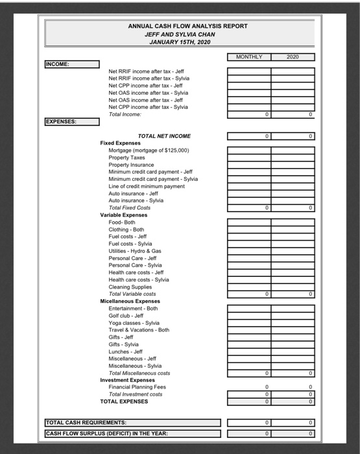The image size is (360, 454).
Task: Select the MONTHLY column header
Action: pos(249,57)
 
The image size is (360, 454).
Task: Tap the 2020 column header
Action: pos(293,57)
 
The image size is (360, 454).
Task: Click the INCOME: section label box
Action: pos(71,64)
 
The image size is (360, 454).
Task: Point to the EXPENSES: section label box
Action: pos(71,121)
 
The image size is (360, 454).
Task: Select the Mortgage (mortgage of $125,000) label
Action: pos(149,150)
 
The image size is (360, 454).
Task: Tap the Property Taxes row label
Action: pos(127,158)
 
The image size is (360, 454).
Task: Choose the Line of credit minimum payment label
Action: pos(147,186)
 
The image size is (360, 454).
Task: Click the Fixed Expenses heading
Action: pos(121,143)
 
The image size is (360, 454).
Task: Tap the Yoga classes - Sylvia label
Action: pos(134,322)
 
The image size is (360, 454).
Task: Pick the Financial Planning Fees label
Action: pos(137,387)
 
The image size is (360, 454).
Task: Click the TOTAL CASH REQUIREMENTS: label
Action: pos(86,423)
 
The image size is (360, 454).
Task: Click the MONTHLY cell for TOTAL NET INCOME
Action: pos(249,136)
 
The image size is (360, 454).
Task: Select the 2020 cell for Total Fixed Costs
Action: pos(293,208)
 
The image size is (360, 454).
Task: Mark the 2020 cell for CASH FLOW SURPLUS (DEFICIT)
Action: pos(293,433)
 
